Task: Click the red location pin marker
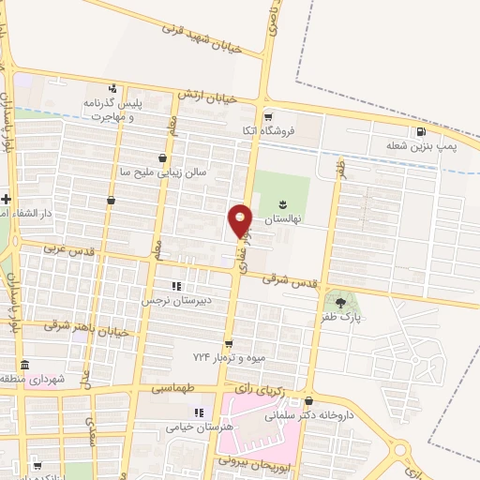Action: (241, 219)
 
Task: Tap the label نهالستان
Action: (263, 217)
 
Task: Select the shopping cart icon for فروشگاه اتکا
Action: (269, 117)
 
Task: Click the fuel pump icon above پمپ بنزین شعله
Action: (419, 132)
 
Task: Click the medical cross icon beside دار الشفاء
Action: (6, 198)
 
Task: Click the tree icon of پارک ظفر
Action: (339, 303)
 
